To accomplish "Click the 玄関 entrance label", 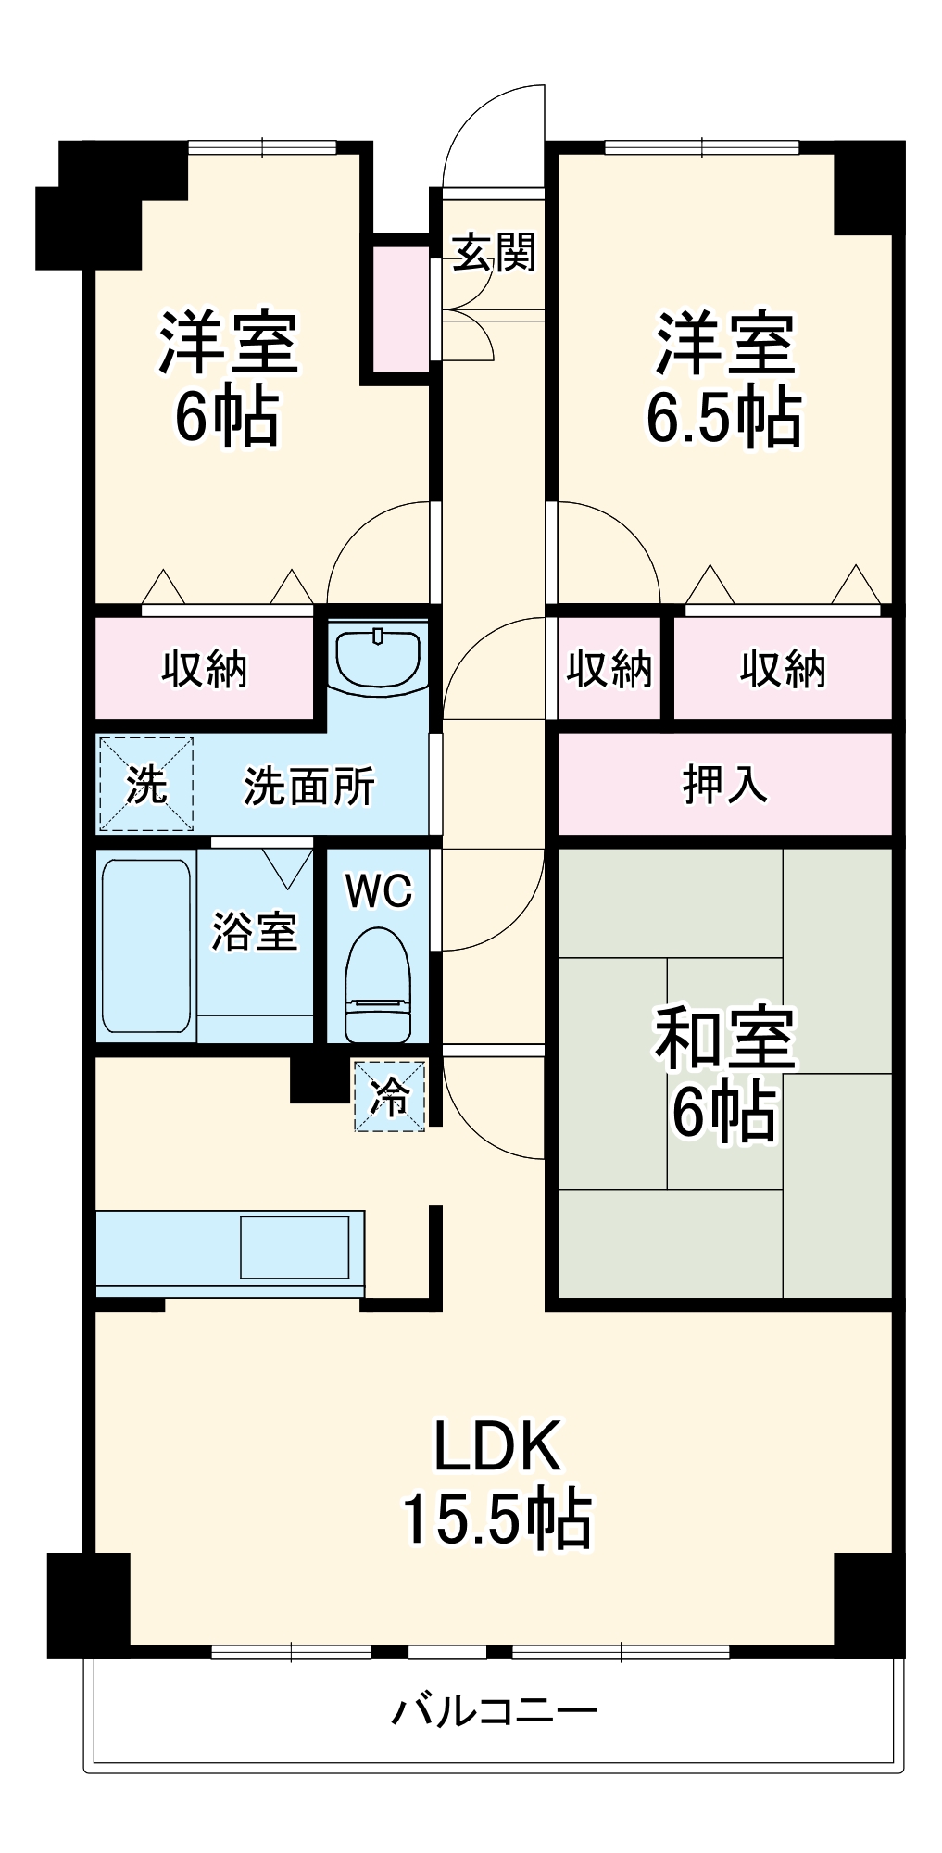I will (494, 251).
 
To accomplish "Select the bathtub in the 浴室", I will (145, 946).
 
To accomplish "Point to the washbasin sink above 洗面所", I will (378, 655).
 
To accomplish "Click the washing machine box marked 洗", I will (145, 784).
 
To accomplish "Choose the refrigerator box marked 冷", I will (390, 1096).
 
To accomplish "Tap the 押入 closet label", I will (723, 784).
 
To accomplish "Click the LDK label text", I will (497, 1446).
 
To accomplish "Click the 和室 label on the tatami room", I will (723, 1037).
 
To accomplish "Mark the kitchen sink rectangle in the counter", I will (295, 1246).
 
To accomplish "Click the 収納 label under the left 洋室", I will (205, 668).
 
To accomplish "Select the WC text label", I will (378, 891).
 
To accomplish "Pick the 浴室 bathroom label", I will (254, 931).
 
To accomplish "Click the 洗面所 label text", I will (308, 787).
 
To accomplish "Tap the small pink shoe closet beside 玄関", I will (402, 309).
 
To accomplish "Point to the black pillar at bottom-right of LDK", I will (868, 1604).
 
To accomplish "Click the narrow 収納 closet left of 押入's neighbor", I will (609, 668).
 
